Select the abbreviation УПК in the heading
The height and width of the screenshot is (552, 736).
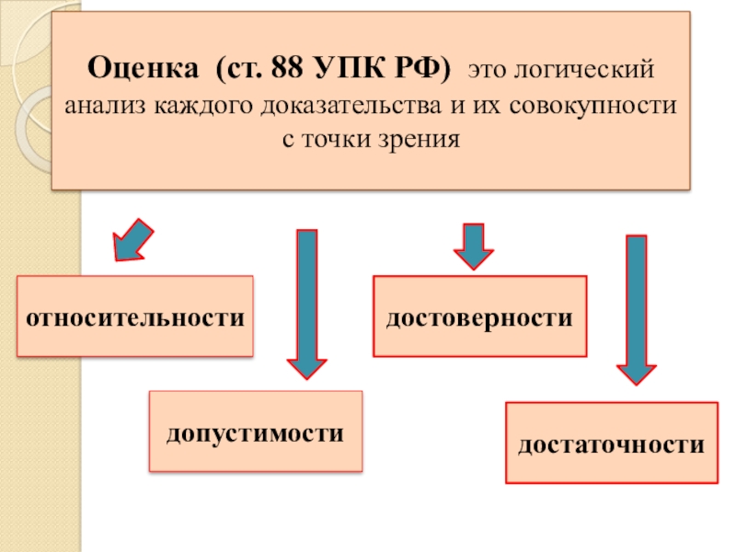(x=341, y=68)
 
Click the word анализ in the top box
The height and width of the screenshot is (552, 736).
(x=102, y=105)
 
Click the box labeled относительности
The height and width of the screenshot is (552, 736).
(x=134, y=316)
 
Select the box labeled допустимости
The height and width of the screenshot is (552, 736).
(x=255, y=431)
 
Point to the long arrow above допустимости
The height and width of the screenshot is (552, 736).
(x=307, y=304)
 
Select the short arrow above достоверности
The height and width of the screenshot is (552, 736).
(x=474, y=246)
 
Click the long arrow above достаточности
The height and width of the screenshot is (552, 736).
(x=636, y=309)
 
